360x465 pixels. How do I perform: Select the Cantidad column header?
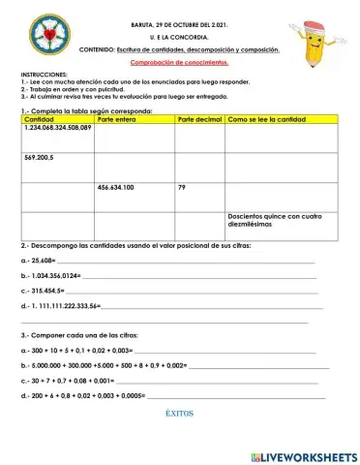pos(39,118)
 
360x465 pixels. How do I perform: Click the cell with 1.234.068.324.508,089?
pos(57,127)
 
